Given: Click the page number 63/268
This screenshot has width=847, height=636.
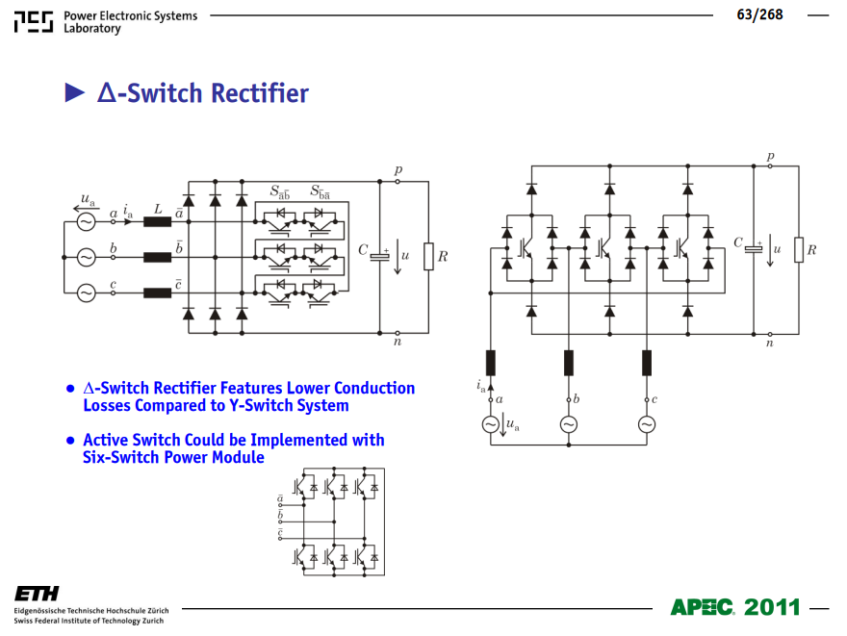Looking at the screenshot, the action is (759, 14).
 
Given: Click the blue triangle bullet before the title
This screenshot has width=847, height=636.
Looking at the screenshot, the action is (74, 92).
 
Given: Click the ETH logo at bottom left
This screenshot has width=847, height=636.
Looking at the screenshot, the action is (37, 594).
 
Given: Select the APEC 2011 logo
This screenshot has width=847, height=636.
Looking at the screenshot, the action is (734, 607).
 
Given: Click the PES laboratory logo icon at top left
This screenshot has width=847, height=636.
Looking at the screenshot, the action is (34, 21).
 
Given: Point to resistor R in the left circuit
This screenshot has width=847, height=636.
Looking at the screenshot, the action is (428, 257).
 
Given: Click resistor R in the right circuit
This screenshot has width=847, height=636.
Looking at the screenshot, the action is (798, 249).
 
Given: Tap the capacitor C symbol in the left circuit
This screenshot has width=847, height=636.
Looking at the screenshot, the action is (379, 255).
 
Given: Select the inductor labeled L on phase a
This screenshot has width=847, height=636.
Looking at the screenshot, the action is (157, 221).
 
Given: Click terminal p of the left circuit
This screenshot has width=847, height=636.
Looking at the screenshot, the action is (398, 182).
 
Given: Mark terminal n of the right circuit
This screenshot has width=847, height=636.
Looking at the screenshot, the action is (770, 334).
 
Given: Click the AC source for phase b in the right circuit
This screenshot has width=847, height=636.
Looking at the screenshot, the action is (568, 424).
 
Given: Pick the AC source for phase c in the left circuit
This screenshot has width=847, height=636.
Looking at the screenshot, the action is (86, 293).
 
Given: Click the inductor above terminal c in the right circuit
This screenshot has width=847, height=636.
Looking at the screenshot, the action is (647, 363).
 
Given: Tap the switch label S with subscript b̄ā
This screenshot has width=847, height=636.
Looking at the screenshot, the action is (320, 191).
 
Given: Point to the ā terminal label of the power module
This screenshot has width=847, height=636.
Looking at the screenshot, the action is (280, 498).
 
